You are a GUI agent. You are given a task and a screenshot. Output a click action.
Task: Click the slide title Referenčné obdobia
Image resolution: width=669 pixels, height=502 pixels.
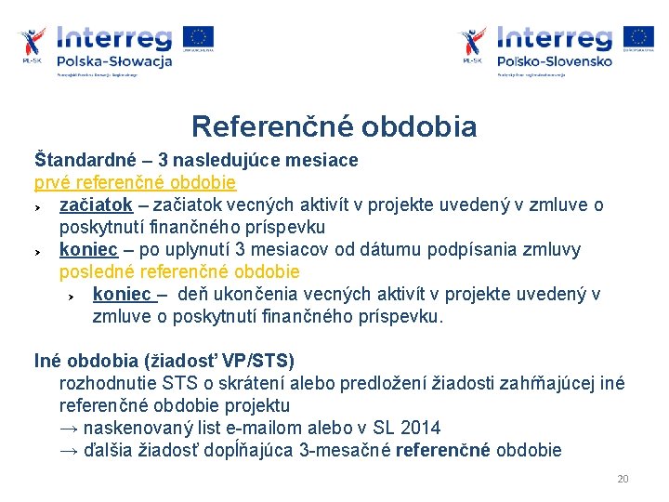pyautogui.click(x=334, y=126)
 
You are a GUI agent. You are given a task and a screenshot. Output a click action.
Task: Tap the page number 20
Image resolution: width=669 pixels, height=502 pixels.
pyautogui.click(x=623, y=479)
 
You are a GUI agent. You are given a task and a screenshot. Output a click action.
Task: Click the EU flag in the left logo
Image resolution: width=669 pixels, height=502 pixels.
pyautogui.click(x=198, y=37)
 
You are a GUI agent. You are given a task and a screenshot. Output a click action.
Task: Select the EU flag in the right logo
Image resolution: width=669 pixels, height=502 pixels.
pyautogui.click(x=638, y=37)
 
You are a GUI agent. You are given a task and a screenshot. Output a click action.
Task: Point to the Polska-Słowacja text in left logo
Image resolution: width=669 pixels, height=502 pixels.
pyautogui.click(x=114, y=61)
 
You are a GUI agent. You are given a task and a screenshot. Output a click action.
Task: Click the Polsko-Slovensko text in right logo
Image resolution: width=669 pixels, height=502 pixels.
pyautogui.click(x=555, y=61)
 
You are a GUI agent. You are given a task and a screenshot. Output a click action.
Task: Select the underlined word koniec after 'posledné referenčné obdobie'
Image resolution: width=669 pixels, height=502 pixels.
pyautogui.click(x=122, y=295)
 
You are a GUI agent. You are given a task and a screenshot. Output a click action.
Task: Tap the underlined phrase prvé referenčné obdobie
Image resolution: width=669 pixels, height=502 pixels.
pyautogui.click(x=135, y=182)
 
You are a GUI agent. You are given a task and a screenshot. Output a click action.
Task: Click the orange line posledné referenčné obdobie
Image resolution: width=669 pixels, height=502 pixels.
pyautogui.click(x=179, y=272)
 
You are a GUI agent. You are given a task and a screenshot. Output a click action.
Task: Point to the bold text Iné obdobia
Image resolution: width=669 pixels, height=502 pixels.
pyautogui.click(x=82, y=361)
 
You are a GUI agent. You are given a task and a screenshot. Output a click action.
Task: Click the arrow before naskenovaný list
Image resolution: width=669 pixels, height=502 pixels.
pyautogui.click(x=69, y=429)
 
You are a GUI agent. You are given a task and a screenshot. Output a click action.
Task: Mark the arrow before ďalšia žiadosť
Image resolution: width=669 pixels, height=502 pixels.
pyautogui.click(x=69, y=451)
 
